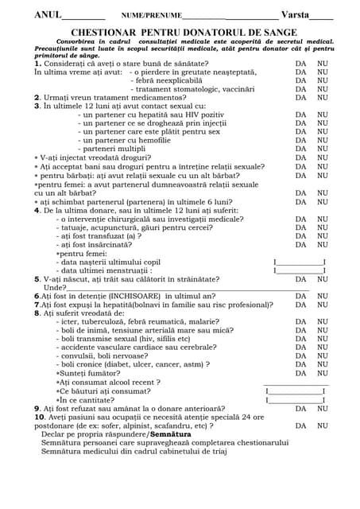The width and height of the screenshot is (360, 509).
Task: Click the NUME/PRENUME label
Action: [x=151, y=16]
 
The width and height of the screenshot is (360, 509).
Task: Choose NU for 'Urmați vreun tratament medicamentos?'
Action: [x=323, y=98]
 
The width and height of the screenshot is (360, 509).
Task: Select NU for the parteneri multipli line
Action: [x=323, y=149]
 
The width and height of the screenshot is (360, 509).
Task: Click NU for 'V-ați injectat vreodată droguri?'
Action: [x=323, y=157]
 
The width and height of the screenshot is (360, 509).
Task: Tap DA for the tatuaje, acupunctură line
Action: [x=301, y=227]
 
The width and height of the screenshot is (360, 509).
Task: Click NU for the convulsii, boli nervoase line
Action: [x=323, y=356]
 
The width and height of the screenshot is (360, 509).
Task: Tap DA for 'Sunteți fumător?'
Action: [x=301, y=373]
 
